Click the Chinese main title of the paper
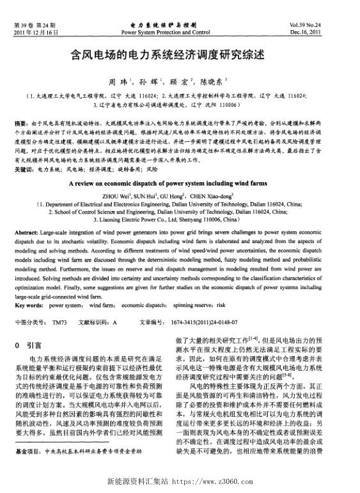[x=180, y=56]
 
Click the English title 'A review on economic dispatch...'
[x=180, y=182]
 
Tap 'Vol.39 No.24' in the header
[x=327, y=24]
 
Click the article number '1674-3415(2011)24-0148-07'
[x=207, y=322]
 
